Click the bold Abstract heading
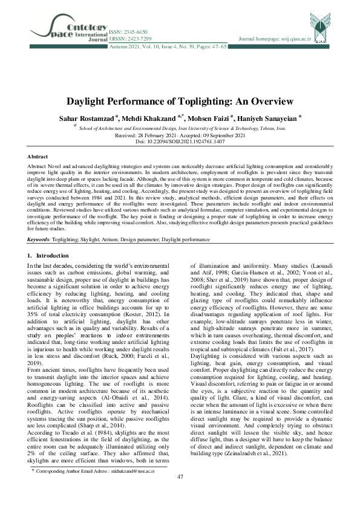click(x=38, y=157)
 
